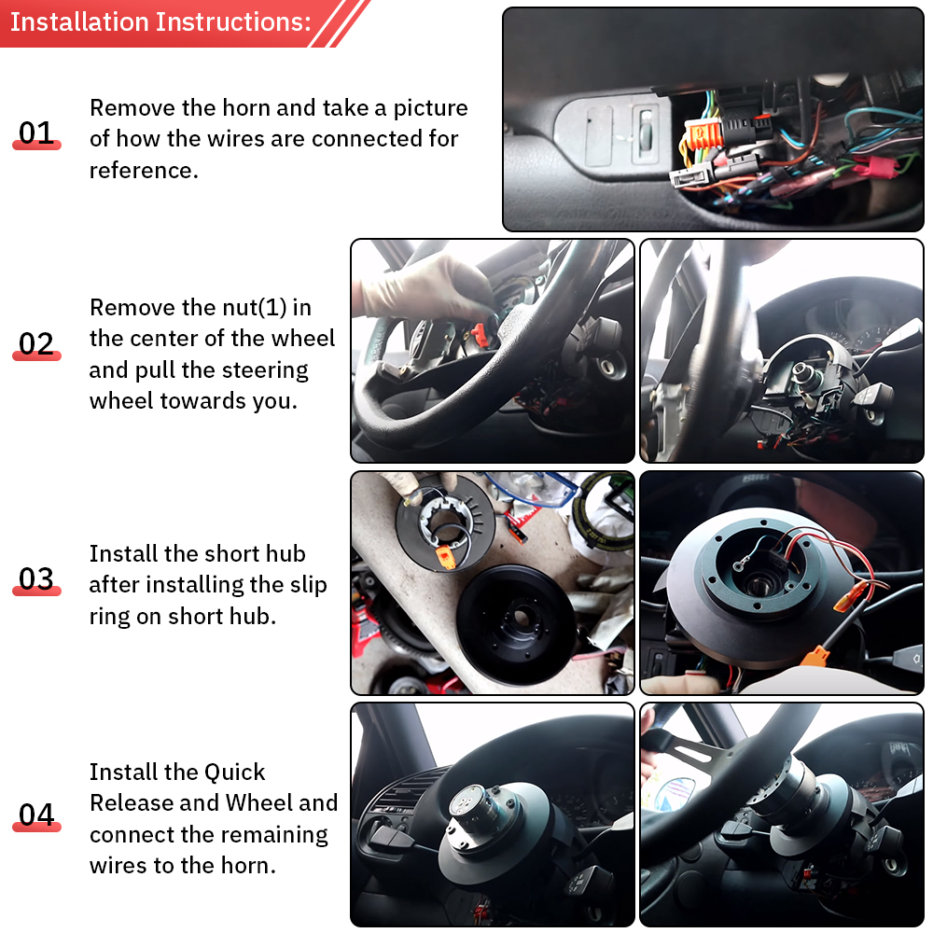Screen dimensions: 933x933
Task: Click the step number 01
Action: point(36,133)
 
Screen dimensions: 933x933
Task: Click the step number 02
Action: point(36,344)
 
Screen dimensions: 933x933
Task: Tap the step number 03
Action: point(36,579)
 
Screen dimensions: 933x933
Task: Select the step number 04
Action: point(36,815)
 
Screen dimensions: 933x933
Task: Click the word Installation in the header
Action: point(79,22)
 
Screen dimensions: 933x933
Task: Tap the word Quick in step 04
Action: point(235,773)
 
